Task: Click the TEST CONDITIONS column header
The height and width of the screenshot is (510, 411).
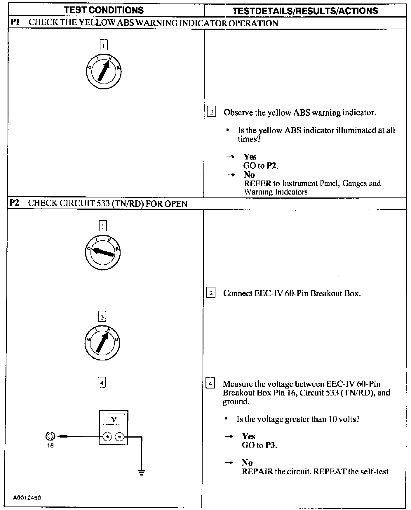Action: [x=104, y=11]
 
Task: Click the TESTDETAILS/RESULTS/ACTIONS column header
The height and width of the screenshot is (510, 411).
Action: [x=305, y=11]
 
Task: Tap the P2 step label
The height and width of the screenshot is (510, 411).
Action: [x=14, y=203]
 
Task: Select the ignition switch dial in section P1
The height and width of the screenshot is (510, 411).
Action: [x=104, y=71]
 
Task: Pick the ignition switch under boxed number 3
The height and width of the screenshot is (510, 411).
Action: [x=102, y=342]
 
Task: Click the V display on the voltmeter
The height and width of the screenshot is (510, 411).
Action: [x=114, y=420]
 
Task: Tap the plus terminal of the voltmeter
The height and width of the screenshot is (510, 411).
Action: [x=107, y=437]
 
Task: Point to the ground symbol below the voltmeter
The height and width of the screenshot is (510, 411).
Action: [x=142, y=472]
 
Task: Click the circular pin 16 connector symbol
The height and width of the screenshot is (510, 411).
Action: [x=50, y=436]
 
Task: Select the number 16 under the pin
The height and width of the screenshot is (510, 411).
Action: [x=50, y=446]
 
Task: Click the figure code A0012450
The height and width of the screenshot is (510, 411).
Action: [x=27, y=498]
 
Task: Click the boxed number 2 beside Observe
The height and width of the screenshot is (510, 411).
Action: [x=211, y=112]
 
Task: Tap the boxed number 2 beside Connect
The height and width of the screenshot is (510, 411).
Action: [x=211, y=293]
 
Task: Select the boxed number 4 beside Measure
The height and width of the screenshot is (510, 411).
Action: [x=210, y=383]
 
